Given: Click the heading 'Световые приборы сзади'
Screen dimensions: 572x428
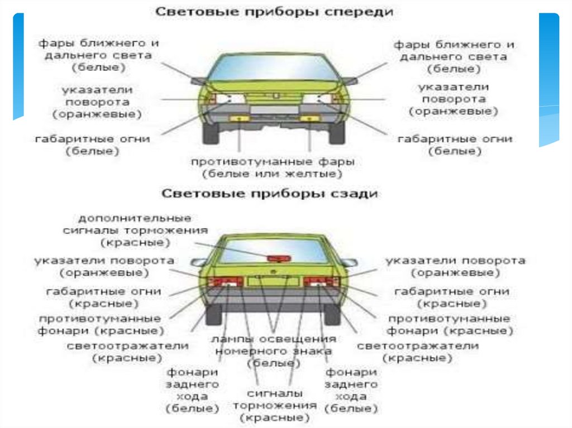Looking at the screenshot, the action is tap(270, 194).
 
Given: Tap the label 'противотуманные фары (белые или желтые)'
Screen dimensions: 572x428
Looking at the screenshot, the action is tap(273, 168).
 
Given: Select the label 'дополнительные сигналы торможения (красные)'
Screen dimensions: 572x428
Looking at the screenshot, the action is tap(143, 230).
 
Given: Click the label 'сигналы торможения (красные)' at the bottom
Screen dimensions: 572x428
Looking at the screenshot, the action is tap(274, 405).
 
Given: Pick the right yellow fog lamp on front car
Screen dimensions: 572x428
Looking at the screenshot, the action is tap(307, 119).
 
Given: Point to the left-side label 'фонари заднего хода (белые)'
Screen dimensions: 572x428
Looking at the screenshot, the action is tap(192, 391).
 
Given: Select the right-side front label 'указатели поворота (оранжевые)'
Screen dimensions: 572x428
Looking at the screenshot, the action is tap(453, 99).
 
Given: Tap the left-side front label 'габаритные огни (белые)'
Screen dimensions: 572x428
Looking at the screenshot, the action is tap(92, 145).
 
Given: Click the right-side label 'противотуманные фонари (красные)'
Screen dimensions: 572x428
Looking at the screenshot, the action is tap(450, 324).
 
